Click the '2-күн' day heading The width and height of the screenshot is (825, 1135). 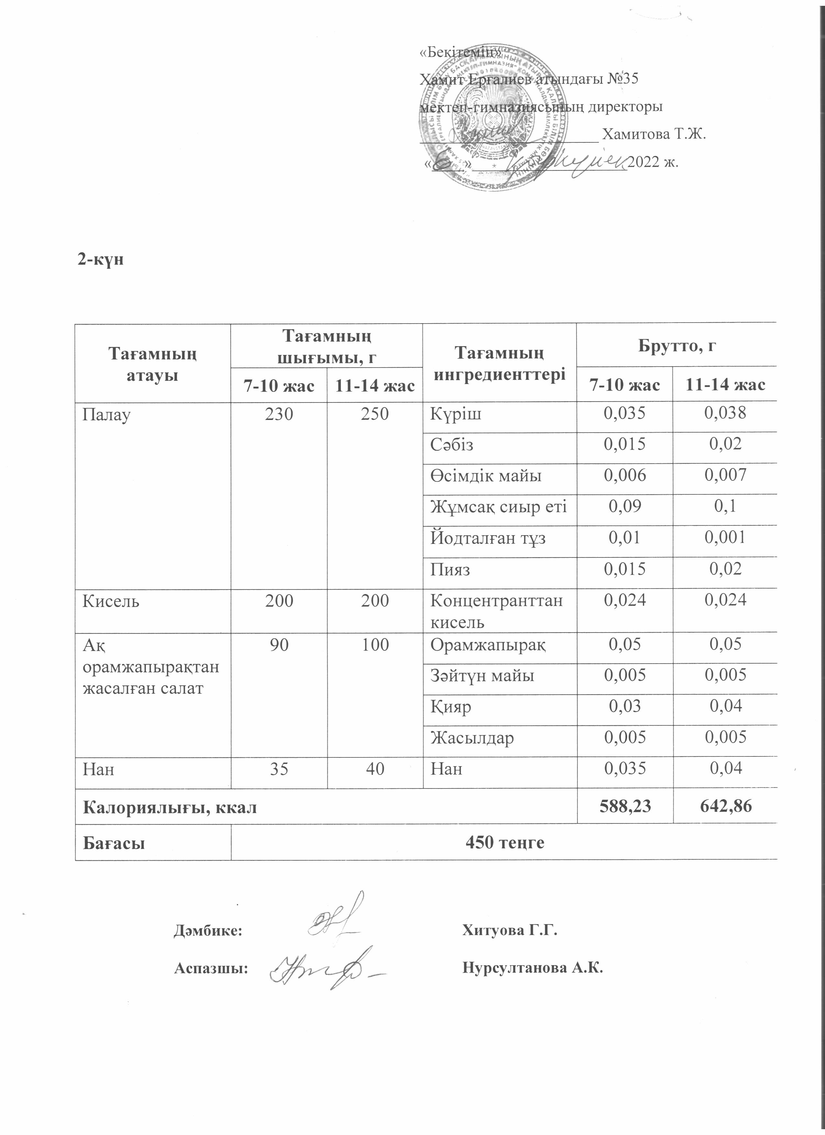100,260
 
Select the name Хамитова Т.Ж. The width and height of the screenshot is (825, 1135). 654,134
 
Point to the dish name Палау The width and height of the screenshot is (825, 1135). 106,415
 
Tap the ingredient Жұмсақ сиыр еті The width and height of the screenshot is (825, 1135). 498,507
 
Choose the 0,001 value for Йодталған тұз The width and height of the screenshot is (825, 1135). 725,537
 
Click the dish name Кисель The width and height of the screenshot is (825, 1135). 111,601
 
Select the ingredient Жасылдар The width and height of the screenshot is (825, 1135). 472,738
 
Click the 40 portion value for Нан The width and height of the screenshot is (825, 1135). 375,769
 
